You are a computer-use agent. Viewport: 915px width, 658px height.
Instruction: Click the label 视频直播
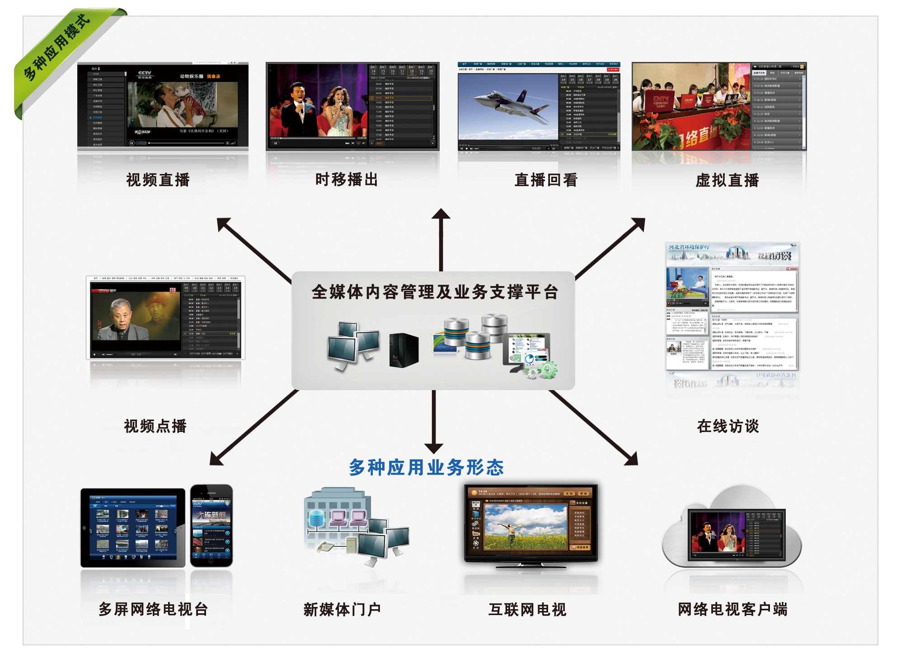tap(158, 180)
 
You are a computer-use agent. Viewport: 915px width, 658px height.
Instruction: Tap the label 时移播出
tap(347, 179)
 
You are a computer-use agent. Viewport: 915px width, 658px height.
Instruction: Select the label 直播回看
tap(546, 180)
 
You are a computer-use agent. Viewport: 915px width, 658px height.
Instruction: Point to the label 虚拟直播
tap(727, 180)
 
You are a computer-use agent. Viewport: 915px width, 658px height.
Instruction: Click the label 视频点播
tap(155, 426)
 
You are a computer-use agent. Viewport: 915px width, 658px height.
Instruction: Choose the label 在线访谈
tap(728, 426)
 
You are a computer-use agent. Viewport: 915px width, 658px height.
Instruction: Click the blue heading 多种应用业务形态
tap(426, 467)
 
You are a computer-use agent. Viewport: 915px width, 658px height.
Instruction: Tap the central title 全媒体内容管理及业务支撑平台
tap(435, 292)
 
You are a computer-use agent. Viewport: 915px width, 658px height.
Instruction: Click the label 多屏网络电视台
tap(153, 609)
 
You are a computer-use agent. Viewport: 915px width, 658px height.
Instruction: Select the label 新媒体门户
tap(342, 609)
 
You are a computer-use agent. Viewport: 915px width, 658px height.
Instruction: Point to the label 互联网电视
tap(527, 609)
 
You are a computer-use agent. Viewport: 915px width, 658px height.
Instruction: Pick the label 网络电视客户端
tap(732, 609)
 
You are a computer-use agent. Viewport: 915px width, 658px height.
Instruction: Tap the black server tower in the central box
tap(404, 350)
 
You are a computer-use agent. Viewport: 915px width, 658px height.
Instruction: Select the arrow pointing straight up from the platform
tap(441, 235)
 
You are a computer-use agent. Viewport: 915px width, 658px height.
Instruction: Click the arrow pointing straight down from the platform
tap(434, 425)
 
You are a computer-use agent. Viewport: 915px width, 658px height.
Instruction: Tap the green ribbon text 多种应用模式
tap(56, 47)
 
